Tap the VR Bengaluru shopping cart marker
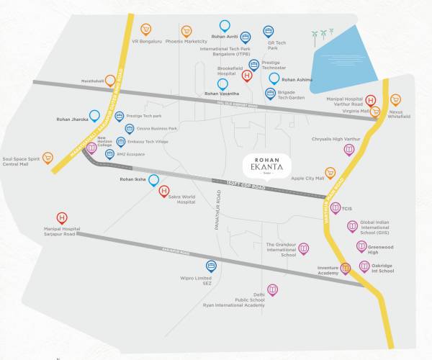146,30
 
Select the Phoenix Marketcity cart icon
186,31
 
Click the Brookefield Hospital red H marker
247,75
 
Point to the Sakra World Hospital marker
163,192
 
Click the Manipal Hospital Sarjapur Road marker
62,217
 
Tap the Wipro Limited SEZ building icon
211,266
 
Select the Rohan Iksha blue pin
153,180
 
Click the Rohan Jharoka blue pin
94,115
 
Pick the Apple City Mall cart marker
330,173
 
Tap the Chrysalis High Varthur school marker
349,149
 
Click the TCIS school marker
336,208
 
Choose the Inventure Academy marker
345,269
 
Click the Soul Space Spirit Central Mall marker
48,157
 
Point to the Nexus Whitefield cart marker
395,100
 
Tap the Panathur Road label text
217,215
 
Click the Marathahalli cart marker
110,81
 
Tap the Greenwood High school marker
361,246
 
